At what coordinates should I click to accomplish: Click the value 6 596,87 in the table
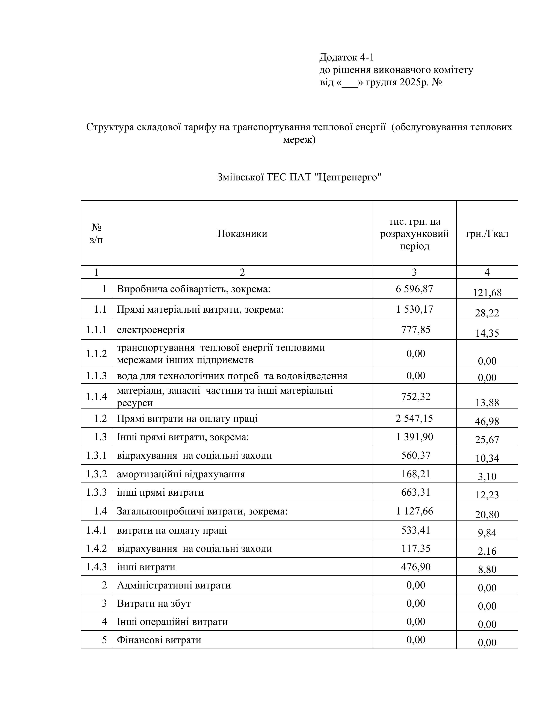coord(414,289)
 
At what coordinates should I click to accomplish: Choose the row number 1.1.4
coord(96,396)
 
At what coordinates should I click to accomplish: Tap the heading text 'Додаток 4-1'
coord(346,57)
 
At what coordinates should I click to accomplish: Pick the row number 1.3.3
coord(96,492)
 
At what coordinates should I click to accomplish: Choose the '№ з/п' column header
coord(96,233)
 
